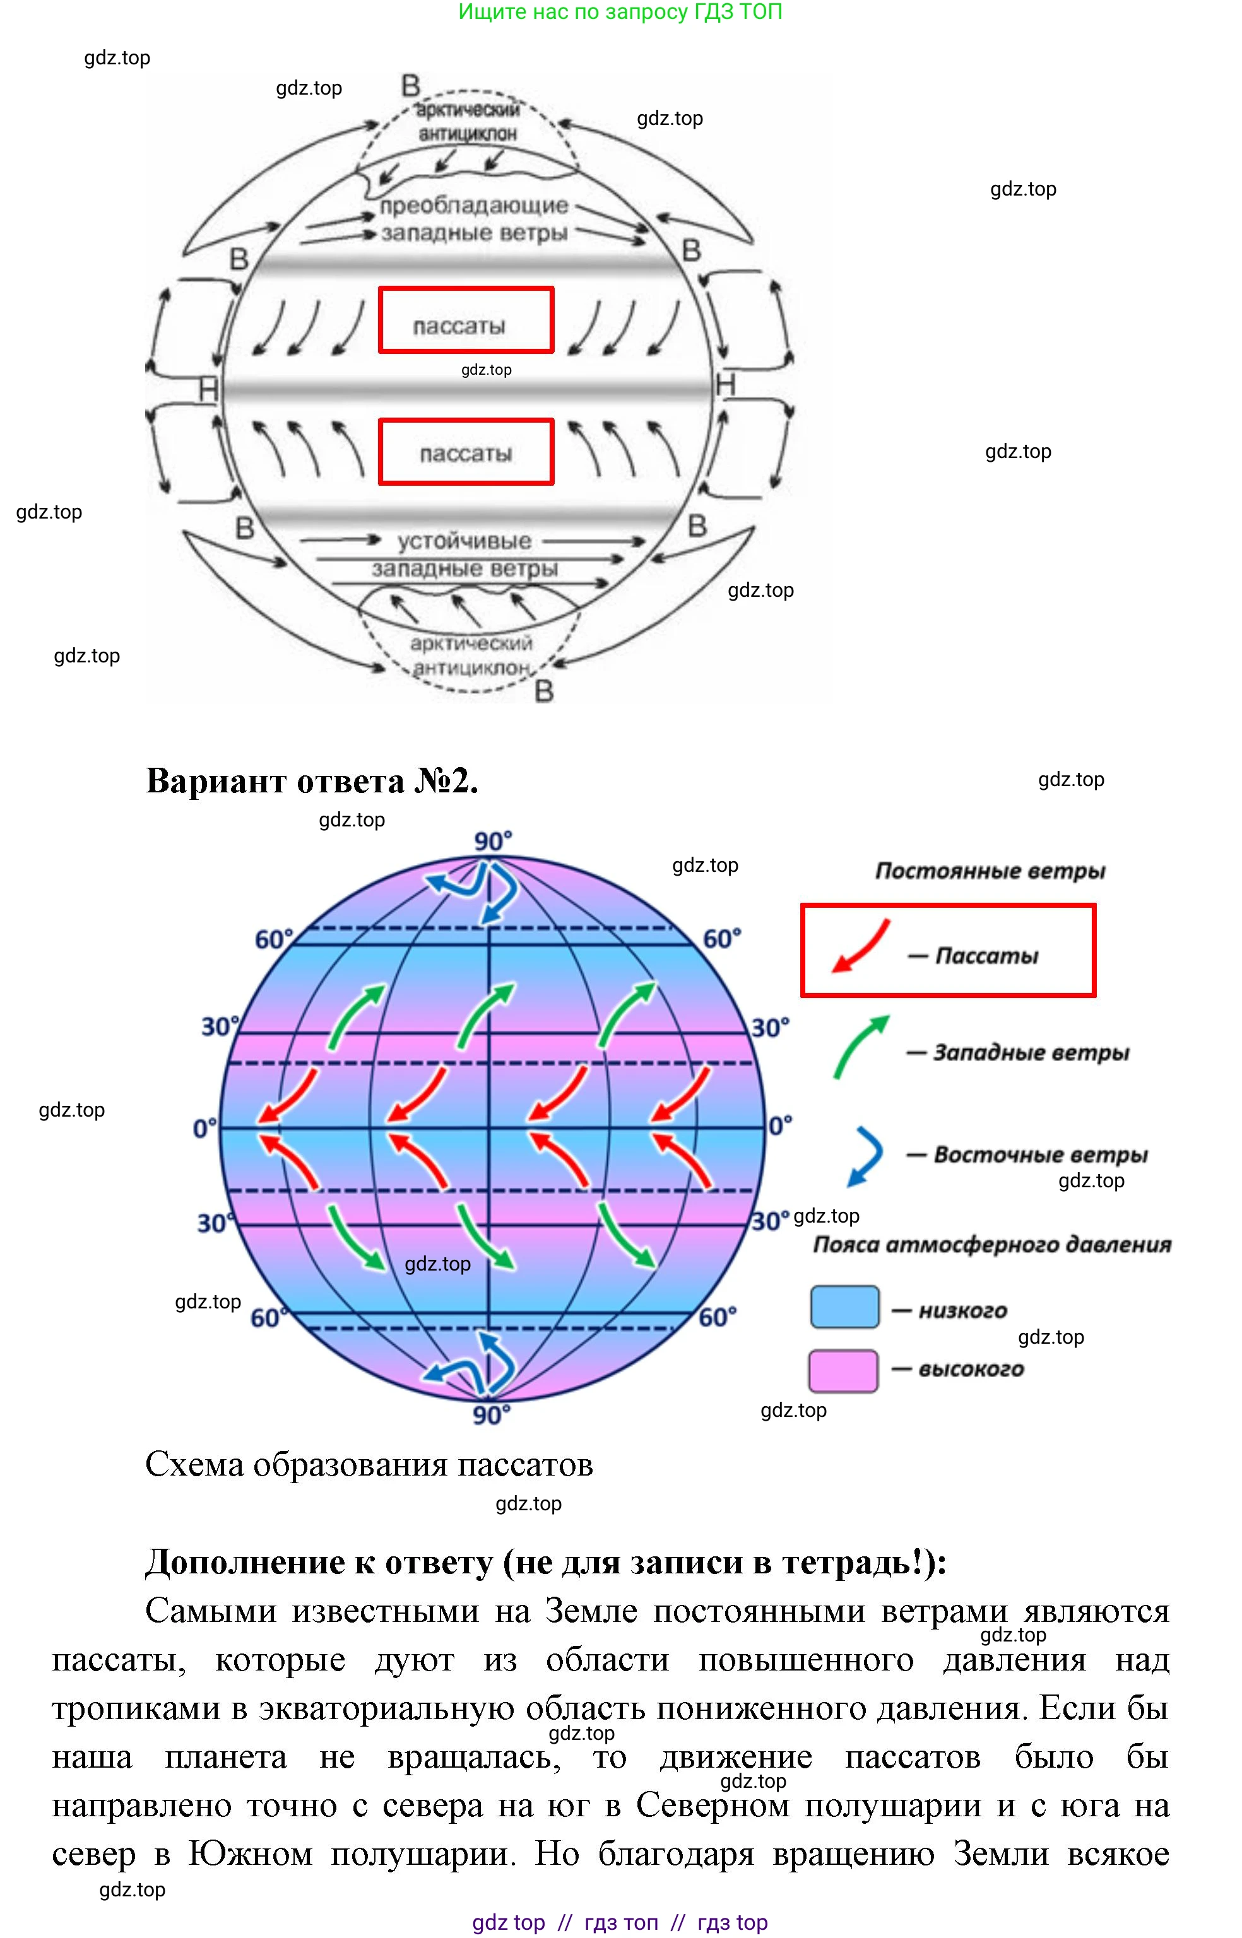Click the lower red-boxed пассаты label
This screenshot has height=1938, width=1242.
click(x=465, y=452)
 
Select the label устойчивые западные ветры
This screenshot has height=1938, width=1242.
click(x=464, y=555)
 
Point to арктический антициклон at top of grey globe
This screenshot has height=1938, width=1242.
click(x=467, y=121)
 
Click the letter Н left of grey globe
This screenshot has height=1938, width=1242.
click(x=209, y=390)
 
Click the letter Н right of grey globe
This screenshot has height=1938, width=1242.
click(x=726, y=385)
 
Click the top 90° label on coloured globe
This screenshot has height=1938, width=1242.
click(x=493, y=842)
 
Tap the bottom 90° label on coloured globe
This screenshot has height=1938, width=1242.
click(x=491, y=1415)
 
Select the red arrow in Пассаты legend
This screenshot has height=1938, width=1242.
click(x=861, y=946)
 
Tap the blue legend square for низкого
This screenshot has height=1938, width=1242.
click(x=844, y=1307)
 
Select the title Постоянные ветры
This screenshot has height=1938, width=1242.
click(x=990, y=871)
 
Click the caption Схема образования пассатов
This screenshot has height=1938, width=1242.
click(x=369, y=1465)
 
